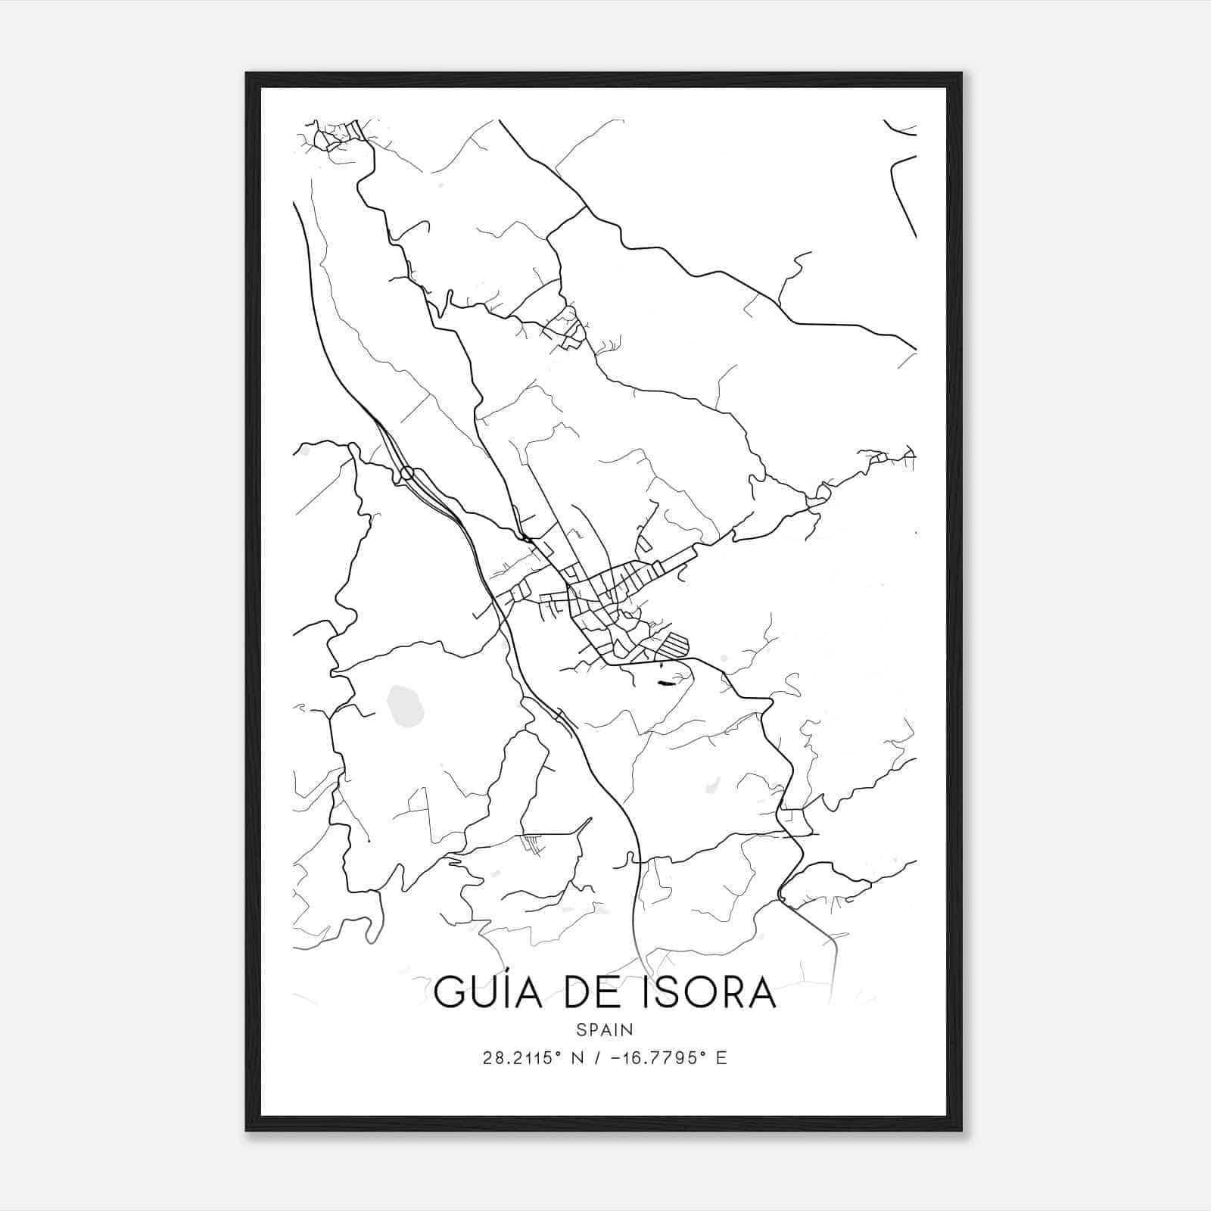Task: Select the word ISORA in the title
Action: (x=709, y=992)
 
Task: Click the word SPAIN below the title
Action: (x=604, y=1030)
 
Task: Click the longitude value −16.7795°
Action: (x=651, y=1058)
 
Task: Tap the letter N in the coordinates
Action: (x=577, y=1058)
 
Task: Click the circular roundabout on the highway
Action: (x=407, y=474)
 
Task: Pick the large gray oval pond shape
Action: (x=405, y=705)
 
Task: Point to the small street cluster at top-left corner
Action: (x=333, y=137)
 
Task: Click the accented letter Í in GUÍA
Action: (x=503, y=992)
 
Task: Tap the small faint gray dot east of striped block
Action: (x=724, y=657)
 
